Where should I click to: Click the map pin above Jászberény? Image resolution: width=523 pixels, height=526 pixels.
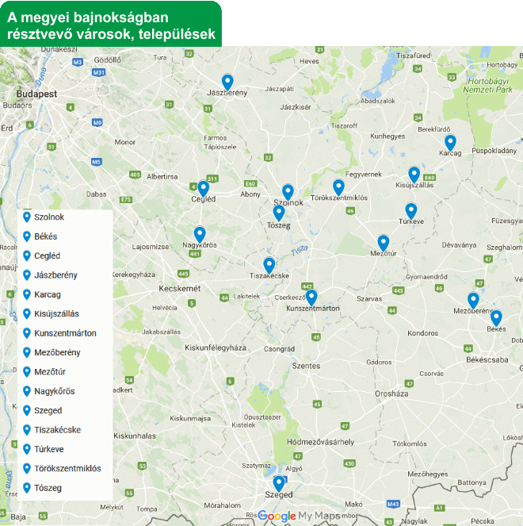click(x=227, y=81)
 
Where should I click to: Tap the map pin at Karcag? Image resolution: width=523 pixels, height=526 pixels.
click(x=450, y=143)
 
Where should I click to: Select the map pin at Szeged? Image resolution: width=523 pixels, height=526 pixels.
click(x=278, y=482)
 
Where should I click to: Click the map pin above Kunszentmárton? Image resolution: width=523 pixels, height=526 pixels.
click(x=311, y=297)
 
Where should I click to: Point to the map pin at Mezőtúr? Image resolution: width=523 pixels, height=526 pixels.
click(x=384, y=242)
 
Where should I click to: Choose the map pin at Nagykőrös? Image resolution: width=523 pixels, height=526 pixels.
click(x=200, y=234)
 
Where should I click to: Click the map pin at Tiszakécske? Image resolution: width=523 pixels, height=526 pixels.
click(x=269, y=265)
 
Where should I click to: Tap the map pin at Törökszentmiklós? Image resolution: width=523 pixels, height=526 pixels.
click(x=338, y=186)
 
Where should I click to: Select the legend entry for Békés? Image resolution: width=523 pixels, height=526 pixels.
click(x=45, y=236)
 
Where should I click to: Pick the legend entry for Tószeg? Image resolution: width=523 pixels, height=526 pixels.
click(x=48, y=488)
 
